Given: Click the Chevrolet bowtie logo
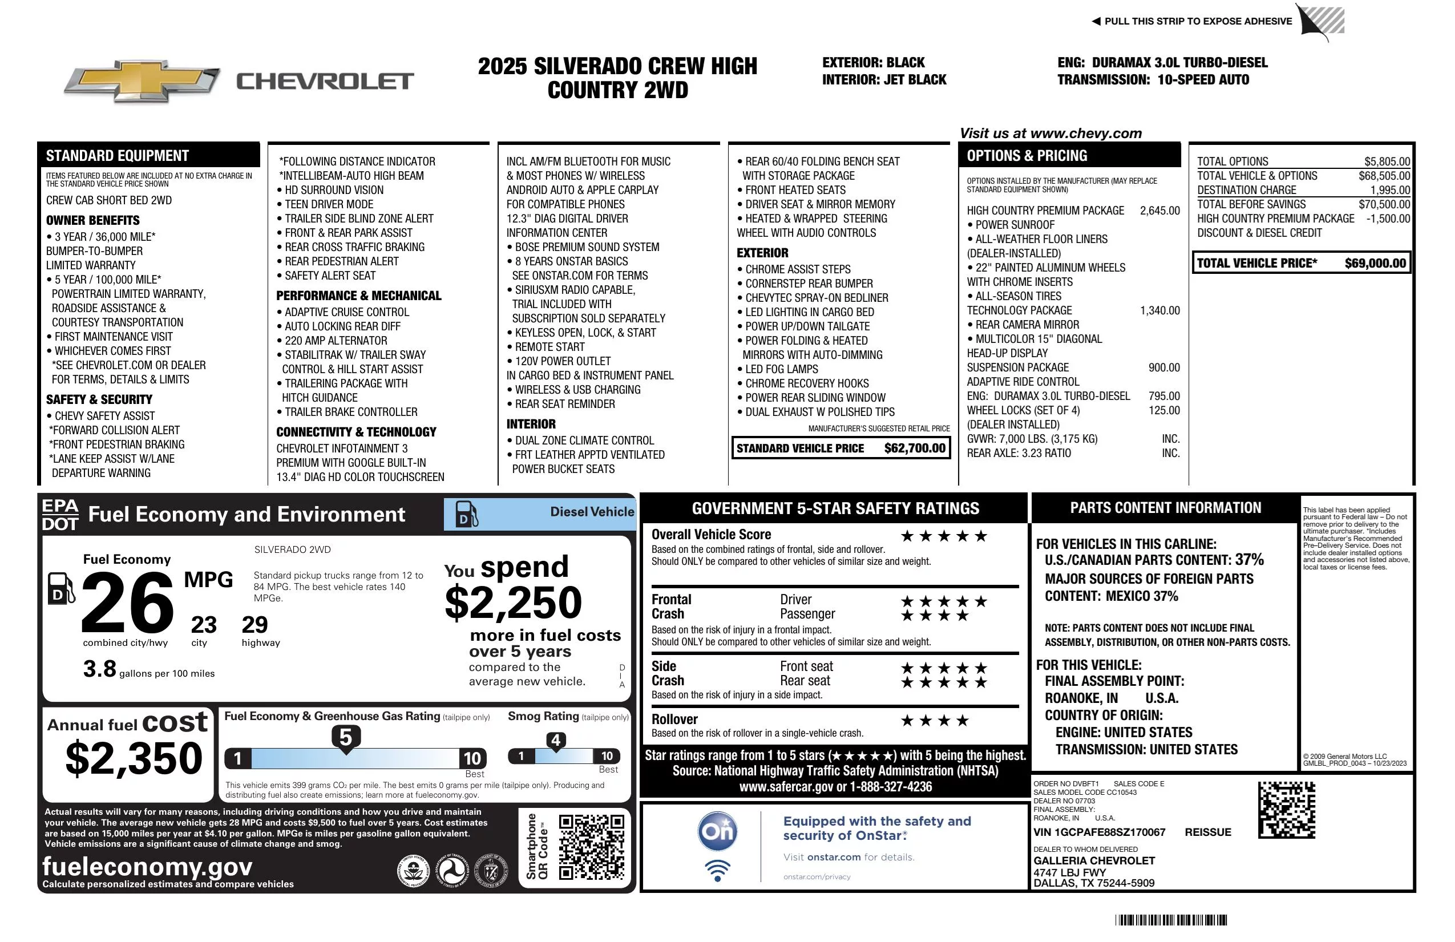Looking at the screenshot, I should tap(142, 81).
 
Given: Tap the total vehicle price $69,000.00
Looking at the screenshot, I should tap(1375, 264).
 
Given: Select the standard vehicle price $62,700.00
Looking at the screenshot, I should tap(915, 448).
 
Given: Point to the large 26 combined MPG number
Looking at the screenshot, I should tap(128, 603).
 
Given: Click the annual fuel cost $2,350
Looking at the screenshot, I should tap(134, 758).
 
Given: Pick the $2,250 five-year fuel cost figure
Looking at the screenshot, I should tap(514, 603).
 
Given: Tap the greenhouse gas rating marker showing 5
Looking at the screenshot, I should tap(345, 738).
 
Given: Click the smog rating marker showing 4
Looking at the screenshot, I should tap(555, 741).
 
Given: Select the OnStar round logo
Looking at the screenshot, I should tap(717, 831).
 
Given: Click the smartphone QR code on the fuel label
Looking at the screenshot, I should tap(591, 847).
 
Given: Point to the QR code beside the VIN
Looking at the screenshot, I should tap(1286, 810).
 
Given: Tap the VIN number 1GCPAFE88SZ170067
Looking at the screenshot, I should tap(1099, 832).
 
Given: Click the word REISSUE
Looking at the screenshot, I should tap(1207, 832).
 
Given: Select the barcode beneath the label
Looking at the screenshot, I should tap(1170, 920).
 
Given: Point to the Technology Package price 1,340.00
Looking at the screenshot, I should tap(1159, 310).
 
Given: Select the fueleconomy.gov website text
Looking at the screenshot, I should tap(147, 867).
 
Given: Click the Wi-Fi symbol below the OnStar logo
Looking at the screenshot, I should tap(717, 871).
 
